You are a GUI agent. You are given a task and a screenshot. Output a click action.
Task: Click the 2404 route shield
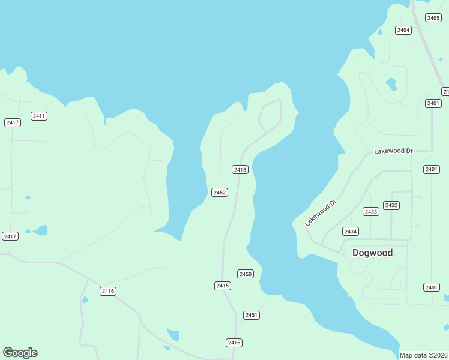coord(403,30)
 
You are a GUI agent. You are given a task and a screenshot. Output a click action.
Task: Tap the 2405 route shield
coord(433,18)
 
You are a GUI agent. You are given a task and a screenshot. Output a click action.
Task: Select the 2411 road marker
coord(39,116)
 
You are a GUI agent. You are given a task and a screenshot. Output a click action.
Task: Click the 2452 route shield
coord(220,193)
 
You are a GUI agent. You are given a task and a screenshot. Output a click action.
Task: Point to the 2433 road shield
coord(371,212)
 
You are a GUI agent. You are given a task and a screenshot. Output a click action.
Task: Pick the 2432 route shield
coord(391,205)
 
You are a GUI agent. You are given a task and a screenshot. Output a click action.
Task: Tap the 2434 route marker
coord(351,232)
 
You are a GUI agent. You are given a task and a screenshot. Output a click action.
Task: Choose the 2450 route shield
coord(246,274)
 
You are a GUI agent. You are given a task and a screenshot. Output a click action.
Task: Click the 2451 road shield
coord(252,316)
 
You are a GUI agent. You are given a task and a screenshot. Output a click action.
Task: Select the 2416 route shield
coord(108,291)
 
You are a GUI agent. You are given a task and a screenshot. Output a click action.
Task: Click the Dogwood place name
coord(372,253)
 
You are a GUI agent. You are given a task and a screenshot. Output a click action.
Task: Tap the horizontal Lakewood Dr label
coord(393,151)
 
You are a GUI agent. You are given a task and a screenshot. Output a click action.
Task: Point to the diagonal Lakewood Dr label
coord(321,212)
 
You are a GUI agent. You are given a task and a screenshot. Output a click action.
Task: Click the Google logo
coord(20,353)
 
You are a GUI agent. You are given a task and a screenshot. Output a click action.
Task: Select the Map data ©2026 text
coord(424,355)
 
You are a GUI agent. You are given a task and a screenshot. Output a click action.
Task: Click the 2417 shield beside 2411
coord(13,122)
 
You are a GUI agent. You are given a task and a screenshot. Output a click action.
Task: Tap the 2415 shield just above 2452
coord(240,170)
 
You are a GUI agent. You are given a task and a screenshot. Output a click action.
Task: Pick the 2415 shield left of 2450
coord(222,286)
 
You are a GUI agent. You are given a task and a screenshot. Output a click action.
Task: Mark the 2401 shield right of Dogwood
coord(431,287)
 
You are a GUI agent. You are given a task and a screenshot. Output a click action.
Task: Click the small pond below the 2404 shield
coord(391,83)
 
